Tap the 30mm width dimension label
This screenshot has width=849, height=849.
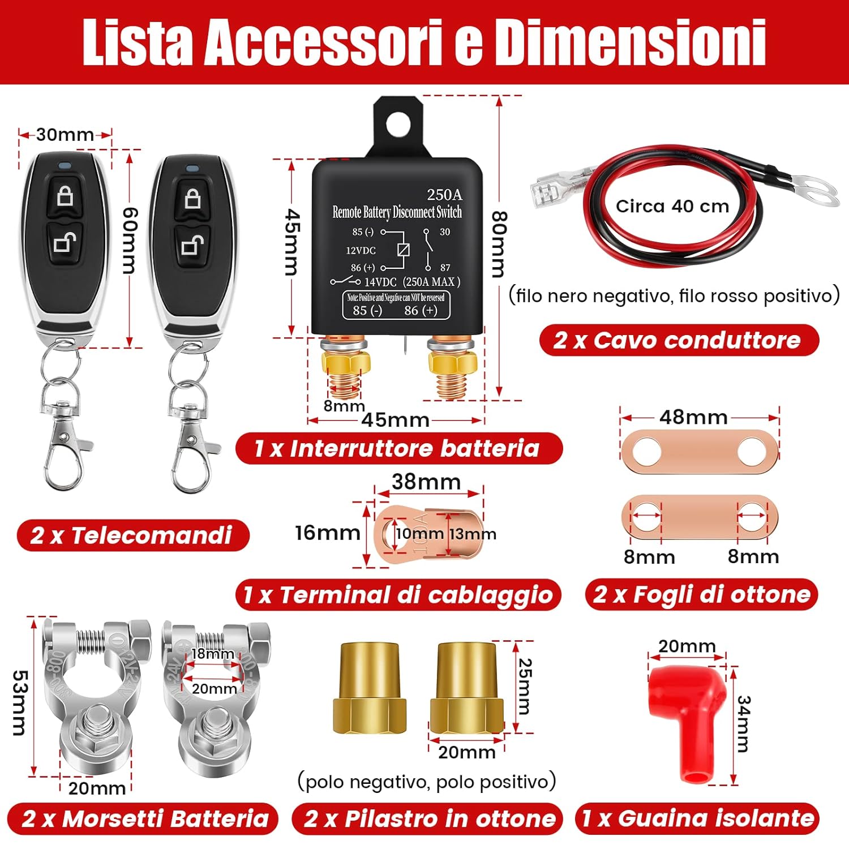[x=65, y=135]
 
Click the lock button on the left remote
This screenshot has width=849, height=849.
[x=65, y=196]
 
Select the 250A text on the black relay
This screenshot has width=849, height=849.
[x=444, y=195]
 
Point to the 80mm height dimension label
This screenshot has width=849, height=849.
[x=498, y=245]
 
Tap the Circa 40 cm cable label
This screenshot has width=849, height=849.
[x=672, y=206]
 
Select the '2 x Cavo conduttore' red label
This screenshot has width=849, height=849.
[x=678, y=340]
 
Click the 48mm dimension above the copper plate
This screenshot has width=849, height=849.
[x=693, y=417]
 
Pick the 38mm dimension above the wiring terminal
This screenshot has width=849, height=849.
[x=426, y=482]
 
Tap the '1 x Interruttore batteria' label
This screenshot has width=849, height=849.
[x=398, y=448]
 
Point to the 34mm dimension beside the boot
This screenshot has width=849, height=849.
[x=743, y=724]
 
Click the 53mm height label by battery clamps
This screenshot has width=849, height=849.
[x=19, y=702]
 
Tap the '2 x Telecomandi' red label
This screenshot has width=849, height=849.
[x=132, y=535]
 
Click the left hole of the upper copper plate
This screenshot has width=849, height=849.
[x=647, y=451]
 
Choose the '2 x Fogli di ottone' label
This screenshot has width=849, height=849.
[x=701, y=594]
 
